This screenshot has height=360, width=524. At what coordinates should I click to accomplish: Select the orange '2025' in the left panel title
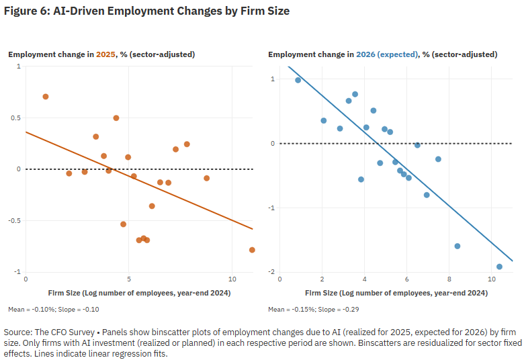pos(106,54)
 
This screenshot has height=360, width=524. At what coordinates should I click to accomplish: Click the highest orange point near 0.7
pos(46,97)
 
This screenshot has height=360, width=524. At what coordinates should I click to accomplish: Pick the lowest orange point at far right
pos(252,250)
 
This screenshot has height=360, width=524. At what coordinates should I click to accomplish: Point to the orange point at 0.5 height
pos(116,118)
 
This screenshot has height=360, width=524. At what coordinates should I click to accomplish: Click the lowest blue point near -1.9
pos(499,267)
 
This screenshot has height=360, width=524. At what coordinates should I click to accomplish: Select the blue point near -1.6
pos(457,246)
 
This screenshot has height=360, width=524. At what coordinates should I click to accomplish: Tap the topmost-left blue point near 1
pos(298,80)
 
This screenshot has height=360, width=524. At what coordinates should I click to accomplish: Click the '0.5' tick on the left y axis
pos(15,118)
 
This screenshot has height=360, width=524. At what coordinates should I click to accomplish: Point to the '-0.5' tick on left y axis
pos(14,220)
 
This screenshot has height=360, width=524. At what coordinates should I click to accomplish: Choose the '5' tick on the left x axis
pos(128,279)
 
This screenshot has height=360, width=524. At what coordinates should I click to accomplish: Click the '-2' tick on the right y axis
pos(271,271)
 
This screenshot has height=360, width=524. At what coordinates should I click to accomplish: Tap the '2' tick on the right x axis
pos(322,279)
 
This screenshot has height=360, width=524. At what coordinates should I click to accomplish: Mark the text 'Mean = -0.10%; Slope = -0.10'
pos(54,310)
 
